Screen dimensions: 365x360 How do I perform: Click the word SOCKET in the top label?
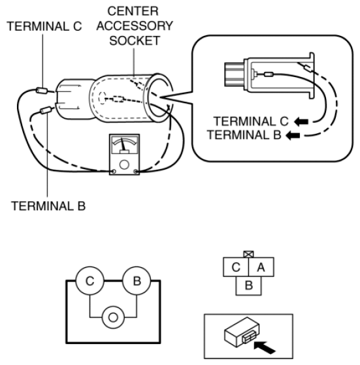(140, 41)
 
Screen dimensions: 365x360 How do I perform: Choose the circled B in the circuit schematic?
(137, 283)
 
